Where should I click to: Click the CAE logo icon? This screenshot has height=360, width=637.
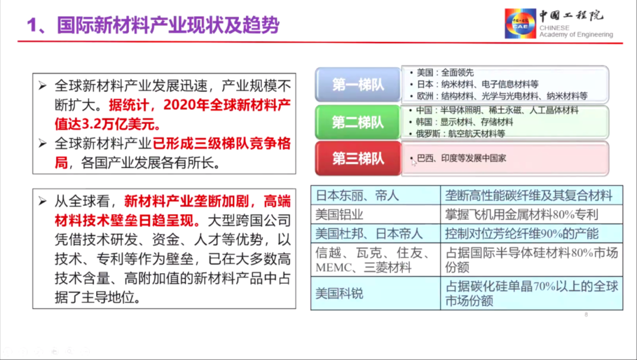tap(520, 24)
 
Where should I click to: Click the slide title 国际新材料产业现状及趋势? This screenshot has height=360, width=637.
tap(168, 25)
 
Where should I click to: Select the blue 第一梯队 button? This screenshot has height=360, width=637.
tap(358, 84)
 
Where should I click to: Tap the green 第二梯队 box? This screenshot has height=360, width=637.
tap(358, 122)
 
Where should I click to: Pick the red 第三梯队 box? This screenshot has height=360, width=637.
tap(358, 159)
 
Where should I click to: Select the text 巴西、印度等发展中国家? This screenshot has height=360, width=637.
tap(461, 158)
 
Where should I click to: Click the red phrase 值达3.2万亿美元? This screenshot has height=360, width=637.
tap(107, 124)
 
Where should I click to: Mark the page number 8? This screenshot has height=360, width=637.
tap(586, 315)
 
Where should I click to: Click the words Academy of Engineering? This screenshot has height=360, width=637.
tap(576, 35)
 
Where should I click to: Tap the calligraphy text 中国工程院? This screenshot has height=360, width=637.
tap(571, 15)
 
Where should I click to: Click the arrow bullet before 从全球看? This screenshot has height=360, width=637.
tap(42, 201)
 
